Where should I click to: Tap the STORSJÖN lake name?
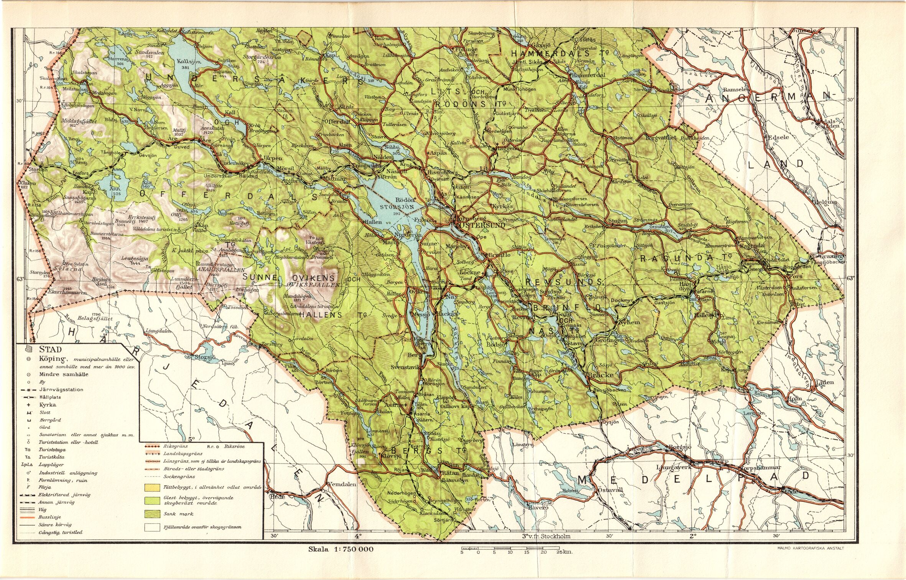(x=397, y=206)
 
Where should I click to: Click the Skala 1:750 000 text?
(x=341, y=549)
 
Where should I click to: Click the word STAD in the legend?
(x=50, y=349)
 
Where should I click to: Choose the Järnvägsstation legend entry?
(x=61, y=390)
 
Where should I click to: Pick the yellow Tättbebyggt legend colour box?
(x=152, y=488)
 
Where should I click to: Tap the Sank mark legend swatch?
(x=152, y=514)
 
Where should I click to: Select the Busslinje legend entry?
(x=49, y=517)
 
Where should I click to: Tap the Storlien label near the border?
(x=38, y=169)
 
